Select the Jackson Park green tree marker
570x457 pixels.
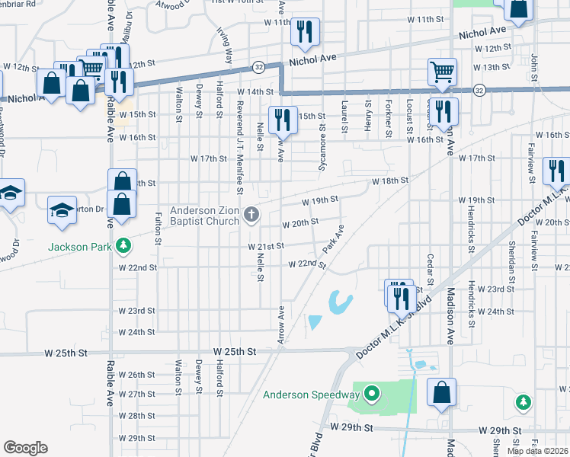point(122,246)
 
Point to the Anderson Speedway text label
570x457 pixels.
point(311,395)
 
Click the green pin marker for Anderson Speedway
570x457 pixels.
point(371,394)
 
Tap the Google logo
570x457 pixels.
point(25,448)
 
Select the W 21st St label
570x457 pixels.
point(265,246)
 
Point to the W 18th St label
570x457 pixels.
point(390,181)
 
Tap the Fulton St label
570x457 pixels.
point(159,227)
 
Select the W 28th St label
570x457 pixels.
point(137,416)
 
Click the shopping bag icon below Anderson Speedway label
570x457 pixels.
point(441,395)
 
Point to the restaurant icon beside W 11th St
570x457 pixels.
point(305,33)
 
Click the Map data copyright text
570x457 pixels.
point(538,451)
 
